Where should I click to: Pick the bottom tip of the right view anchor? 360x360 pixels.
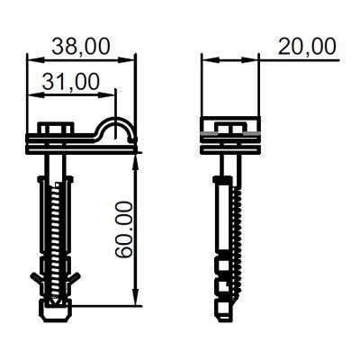click(220, 313)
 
